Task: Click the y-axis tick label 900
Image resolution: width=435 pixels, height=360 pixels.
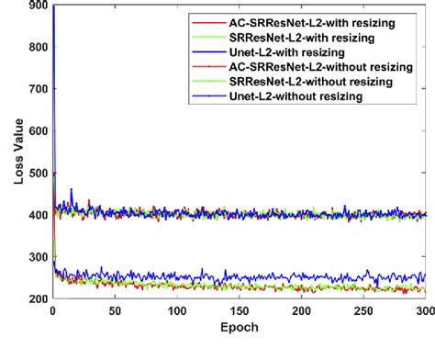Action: point(37,6)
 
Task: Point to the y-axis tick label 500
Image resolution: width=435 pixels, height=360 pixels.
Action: point(37,173)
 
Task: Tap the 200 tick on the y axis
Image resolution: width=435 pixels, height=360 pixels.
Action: point(37,299)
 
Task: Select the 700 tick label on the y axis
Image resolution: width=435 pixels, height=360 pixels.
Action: point(37,89)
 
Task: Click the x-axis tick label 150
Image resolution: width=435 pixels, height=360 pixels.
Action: point(240,312)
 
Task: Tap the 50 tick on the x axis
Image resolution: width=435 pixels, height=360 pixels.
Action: point(115,312)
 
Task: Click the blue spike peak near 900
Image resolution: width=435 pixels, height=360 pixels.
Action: point(53,7)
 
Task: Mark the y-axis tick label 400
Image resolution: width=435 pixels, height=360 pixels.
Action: point(37,215)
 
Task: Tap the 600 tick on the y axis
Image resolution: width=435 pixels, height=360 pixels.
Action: point(37,131)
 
